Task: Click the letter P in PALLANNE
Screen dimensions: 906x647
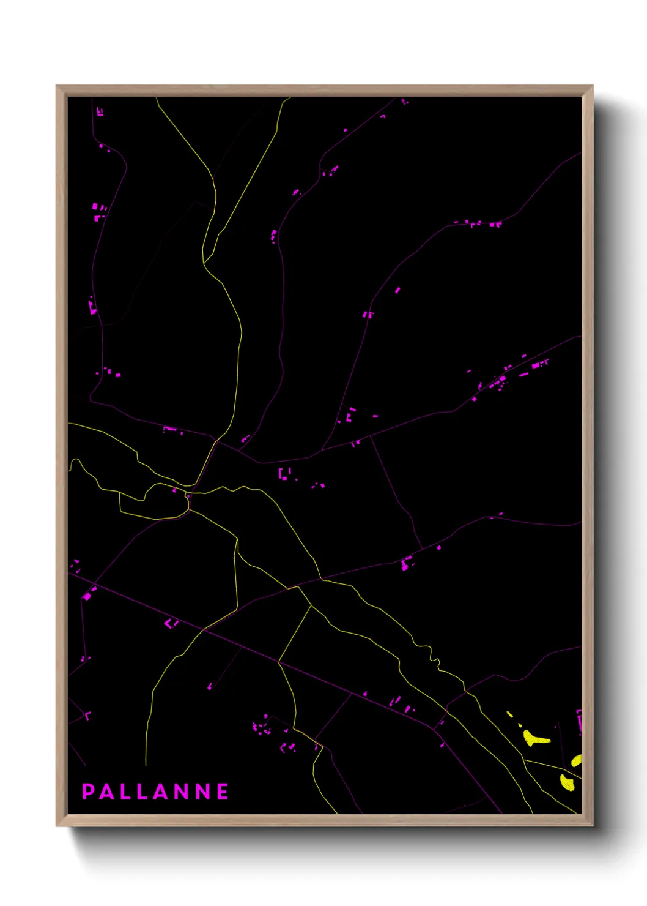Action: pos(88,792)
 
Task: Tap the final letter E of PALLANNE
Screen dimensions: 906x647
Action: pos(223,792)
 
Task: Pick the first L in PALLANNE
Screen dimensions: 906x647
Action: pos(125,792)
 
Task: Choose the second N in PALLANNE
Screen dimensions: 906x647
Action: pos(204,792)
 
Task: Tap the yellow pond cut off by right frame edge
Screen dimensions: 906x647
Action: pos(576,761)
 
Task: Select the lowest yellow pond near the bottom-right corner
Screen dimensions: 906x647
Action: pos(568,783)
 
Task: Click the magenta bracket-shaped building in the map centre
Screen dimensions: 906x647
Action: pos(283,474)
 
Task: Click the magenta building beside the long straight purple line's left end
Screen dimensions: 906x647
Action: pos(87,595)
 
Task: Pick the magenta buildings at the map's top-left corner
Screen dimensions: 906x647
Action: pos(100,112)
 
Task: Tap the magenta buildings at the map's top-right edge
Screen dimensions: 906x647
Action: pos(404,102)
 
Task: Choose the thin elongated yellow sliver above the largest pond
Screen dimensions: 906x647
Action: pos(509,714)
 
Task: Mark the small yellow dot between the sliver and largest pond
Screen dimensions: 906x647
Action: pos(520,725)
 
